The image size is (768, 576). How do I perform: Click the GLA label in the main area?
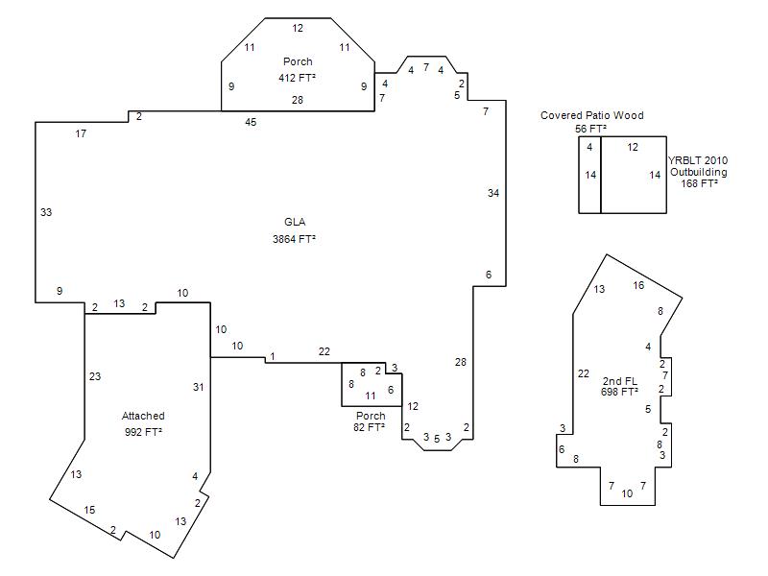point(295,222)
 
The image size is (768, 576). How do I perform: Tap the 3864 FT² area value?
point(294,239)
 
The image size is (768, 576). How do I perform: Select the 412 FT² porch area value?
point(297,78)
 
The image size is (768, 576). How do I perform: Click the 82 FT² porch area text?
point(369,427)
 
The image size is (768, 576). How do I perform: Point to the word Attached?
point(143,416)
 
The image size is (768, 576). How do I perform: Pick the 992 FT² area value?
point(143,432)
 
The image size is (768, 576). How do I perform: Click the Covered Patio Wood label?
point(591,115)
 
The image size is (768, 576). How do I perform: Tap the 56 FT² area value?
point(590,129)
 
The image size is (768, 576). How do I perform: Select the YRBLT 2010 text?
point(698,160)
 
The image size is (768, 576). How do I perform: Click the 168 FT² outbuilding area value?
point(700,183)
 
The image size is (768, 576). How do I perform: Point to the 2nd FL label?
point(619,380)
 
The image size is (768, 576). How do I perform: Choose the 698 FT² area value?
point(619,392)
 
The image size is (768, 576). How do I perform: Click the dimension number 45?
point(251,122)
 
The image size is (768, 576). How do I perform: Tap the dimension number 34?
point(493,193)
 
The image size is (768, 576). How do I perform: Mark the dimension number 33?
point(46,212)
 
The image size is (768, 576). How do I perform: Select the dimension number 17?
point(81,133)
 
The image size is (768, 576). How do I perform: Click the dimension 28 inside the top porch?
point(298,100)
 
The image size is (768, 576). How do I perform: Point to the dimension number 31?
point(198,387)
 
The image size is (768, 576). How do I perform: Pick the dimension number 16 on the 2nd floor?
point(638,285)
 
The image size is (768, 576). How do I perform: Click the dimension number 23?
point(95,376)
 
